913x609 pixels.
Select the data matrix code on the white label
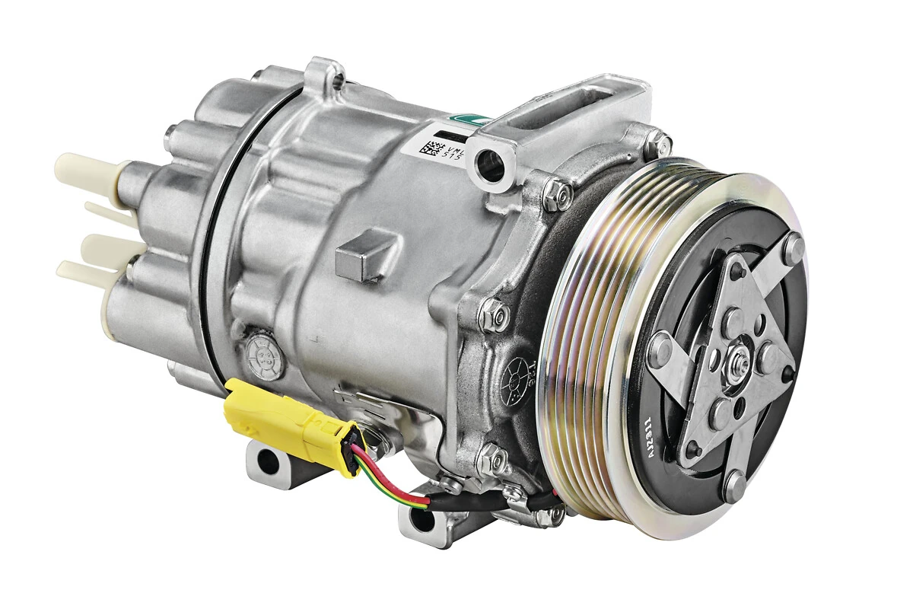[x=431, y=147]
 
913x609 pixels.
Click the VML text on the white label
[x=453, y=142]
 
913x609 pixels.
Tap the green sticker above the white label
[x=461, y=120]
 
